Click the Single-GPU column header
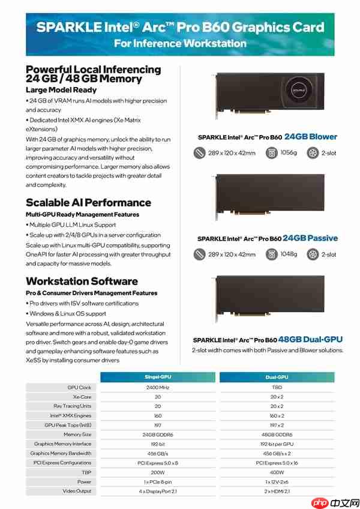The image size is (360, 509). (157, 377)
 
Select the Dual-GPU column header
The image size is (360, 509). (277, 377)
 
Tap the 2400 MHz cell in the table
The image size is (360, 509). (157, 388)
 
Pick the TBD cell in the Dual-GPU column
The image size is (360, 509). (277, 388)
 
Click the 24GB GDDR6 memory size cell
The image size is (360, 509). (157, 434)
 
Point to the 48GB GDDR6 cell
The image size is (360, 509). (277, 434)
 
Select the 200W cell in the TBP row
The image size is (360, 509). (157, 472)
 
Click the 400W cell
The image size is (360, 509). (277, 472)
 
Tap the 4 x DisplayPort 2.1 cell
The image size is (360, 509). (157, 491)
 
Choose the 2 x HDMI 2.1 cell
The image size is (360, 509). (277, 491)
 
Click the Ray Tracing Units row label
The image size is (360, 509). (72, 406)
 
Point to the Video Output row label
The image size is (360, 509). (76, 491)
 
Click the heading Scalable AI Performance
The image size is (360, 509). (88, 202)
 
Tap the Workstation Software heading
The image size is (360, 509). (82, 281)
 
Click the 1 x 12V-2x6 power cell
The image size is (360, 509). (277, 481)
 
